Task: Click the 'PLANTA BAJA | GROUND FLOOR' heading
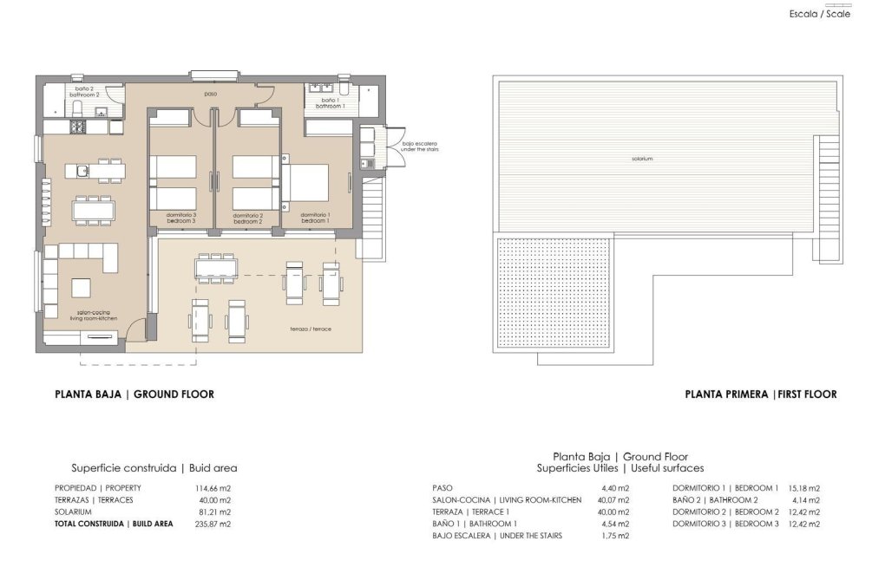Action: pos(134,394)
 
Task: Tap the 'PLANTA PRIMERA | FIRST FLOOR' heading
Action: pos(760,394)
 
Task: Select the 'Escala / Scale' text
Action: pos(819,14)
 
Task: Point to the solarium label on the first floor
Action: pos(642,159)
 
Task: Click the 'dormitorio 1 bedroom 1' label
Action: pos(315,218)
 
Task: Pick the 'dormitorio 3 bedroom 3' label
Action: pos(181,218)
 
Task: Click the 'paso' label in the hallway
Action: pos(210,94)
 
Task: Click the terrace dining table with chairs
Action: pos(214,268)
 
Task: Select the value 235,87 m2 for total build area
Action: pos(213,524)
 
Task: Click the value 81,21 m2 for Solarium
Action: pos(213,512)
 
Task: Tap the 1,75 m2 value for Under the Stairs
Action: pos(613,536)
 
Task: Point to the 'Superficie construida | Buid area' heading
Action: pos(154,467)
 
